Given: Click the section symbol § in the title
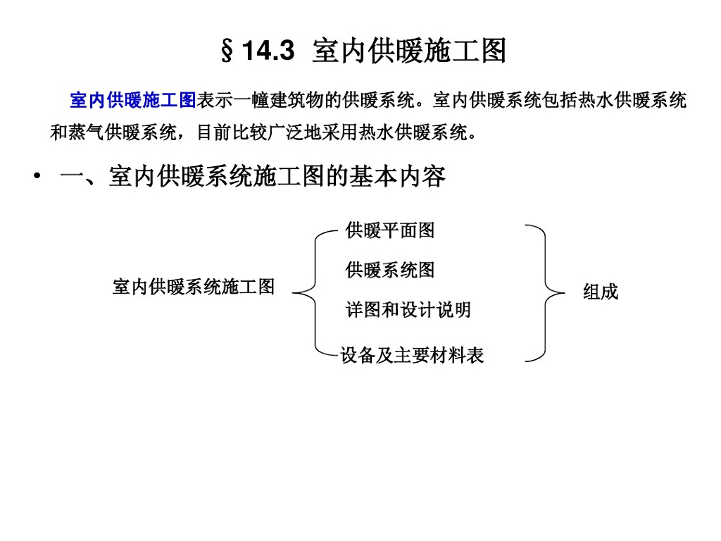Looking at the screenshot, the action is tap(227, 52).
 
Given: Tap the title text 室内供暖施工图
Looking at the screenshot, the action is tap(409, 51).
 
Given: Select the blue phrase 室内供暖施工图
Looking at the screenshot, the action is tap(132, 101).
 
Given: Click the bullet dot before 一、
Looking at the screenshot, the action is tap(35, 177).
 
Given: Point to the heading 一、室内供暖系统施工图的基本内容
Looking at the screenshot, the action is tap(253, 177).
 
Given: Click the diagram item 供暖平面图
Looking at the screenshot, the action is tap(390, 230).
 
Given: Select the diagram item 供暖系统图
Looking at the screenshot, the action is tap(390, 270).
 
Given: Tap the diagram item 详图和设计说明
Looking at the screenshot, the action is tap(408, 310).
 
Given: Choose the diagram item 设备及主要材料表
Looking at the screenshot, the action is tap(413, 355).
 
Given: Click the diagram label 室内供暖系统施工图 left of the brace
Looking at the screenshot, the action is tap(194, 287).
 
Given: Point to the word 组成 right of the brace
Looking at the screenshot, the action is tap(601, 292).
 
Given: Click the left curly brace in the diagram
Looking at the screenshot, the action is tap(313, 291).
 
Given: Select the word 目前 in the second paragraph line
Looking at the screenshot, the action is tap(215, 133).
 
